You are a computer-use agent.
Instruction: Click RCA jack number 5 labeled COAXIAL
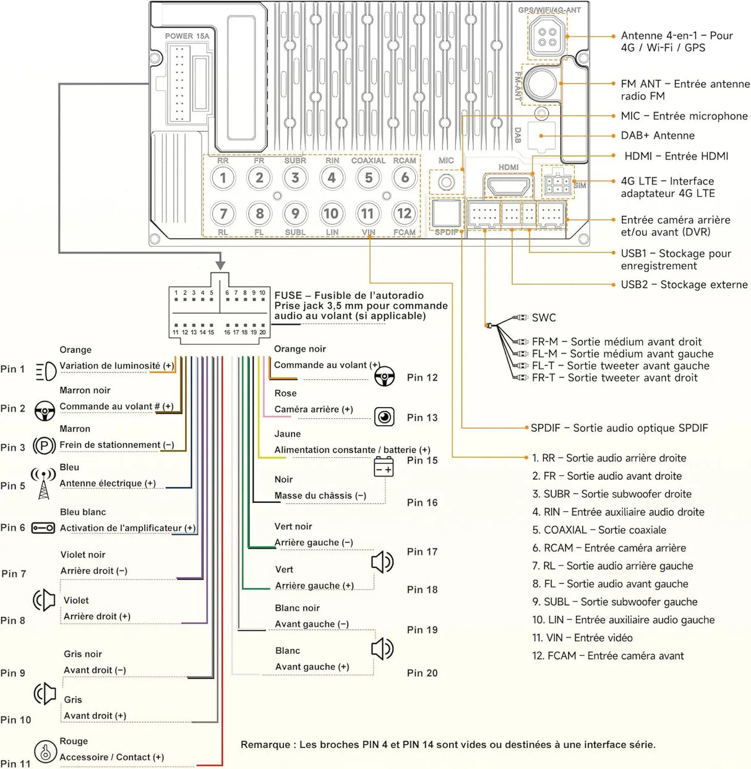pyautogui.click(x=368, y=178)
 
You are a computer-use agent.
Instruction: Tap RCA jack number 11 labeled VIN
pyautogui.click(x=367, y=214)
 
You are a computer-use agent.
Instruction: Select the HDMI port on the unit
pyautogui.click(x=509, y=184)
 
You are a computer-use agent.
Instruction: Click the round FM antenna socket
pyautogui.click(x=540, y=84)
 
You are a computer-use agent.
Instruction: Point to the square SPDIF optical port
pyautogui.click(x=447, y=213)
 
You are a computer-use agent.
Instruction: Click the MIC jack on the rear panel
pyautogui.click(x=447, y=182)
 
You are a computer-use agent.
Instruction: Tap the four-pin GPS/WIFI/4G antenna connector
pyautogui.click(x=547, y=37)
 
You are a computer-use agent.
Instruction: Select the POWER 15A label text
pyautogui.click(x=187, y=36)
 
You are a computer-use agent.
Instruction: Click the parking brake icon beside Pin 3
pyautogui.click(x=45, y=446)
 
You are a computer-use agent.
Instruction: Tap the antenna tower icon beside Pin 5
pyautogui.click(x=43, y=483)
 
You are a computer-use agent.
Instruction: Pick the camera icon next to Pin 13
pyautogui.click(x=384, y=416)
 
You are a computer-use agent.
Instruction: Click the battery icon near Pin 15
pyautogui.click(x=384, y=466)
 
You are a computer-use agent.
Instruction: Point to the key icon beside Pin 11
pyautogui.click(x=45, y=751)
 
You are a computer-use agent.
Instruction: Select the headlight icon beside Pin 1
pyautogui.click(x=46, y=371)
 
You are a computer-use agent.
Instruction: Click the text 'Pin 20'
pyautogui.click(x=423, y=672)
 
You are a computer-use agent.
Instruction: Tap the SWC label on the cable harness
pyautogui.click(x=544, y=317)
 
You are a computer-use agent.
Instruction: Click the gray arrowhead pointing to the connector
pyautogui.click(x=220, y=264)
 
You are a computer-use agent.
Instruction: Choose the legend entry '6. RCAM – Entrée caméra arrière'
pyautogui.click(x=609, y=548)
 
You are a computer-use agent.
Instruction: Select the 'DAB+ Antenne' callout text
pyautogui.click(x=658, y=135)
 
